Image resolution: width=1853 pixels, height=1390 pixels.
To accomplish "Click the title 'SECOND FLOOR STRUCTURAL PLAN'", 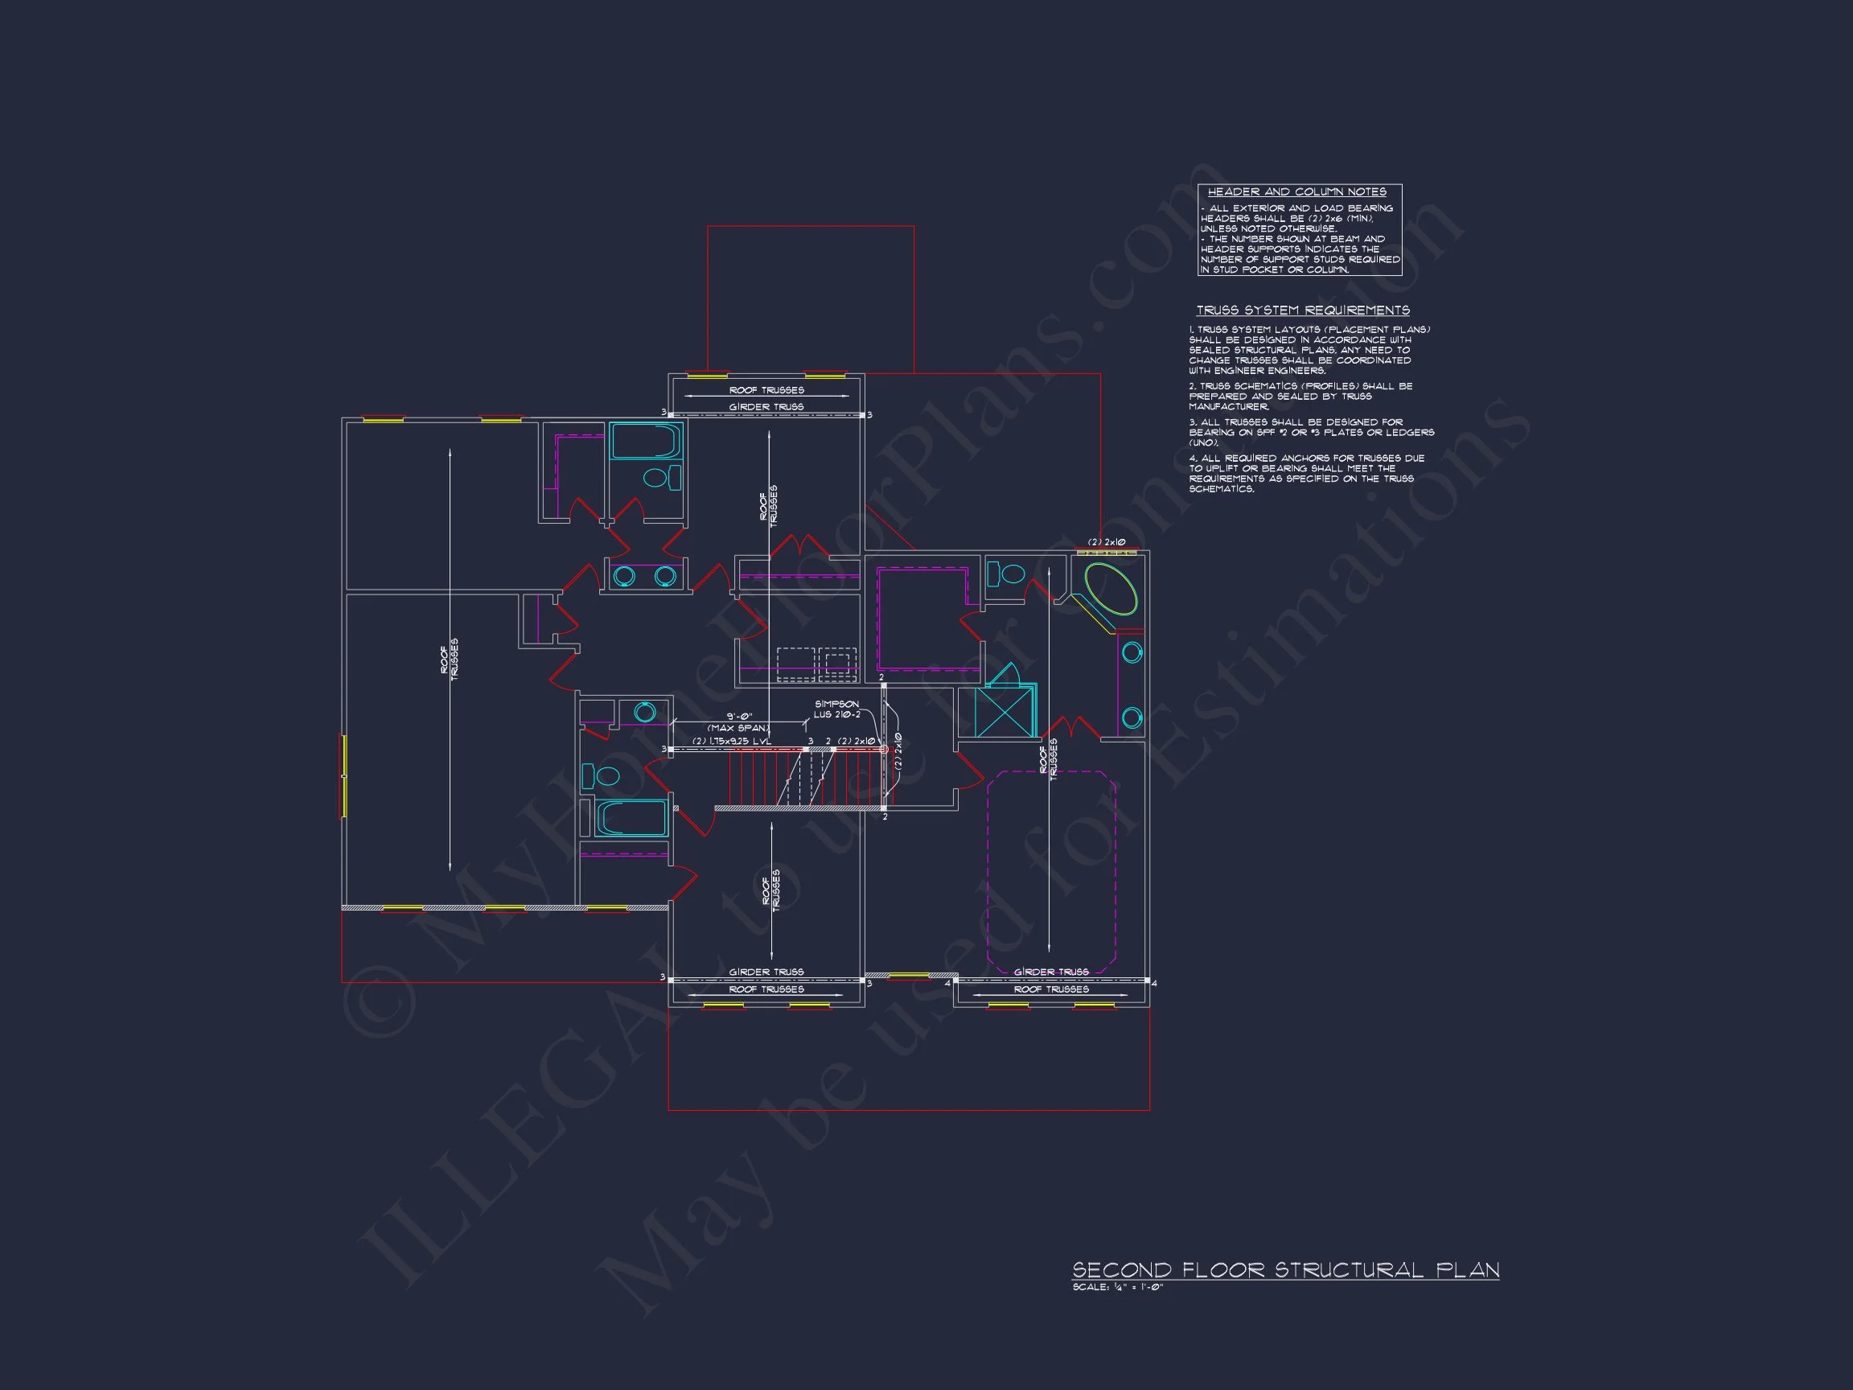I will point(1285,1269).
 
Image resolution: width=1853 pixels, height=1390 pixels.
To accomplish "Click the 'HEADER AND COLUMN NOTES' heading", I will point(1296,192).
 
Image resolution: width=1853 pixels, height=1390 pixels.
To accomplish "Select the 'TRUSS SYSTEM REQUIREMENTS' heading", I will point(1303,310).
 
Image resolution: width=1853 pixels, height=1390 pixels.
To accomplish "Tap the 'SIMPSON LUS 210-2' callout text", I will point(836,709).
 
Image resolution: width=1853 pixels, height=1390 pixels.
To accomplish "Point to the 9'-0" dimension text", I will point(739,717).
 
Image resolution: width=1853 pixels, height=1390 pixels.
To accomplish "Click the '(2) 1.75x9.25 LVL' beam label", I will point(730,741).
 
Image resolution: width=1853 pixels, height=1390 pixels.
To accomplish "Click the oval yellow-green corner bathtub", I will point(1111,589).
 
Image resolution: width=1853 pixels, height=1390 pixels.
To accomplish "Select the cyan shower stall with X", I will point(1005,710).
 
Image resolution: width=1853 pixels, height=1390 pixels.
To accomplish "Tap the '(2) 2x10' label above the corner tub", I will point(1106,542).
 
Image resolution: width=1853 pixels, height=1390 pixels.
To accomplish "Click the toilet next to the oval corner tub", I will point(1007,574).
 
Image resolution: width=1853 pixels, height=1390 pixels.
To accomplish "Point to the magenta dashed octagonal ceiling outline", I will point(1051,871).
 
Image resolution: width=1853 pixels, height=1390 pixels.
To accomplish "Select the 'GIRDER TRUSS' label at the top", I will point(766,406).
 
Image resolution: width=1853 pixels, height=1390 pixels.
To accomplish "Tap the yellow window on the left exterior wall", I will point(343,775).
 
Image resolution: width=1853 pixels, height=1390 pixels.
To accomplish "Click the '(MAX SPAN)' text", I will point(738,728).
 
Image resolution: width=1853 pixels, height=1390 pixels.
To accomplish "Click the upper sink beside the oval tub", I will point(1131,652).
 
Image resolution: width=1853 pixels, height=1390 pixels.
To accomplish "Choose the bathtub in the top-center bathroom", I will point(645,442).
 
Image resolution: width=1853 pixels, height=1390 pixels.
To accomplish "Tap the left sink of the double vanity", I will point(624,577).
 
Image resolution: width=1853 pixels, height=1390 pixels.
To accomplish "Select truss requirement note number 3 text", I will point(1311,432).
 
